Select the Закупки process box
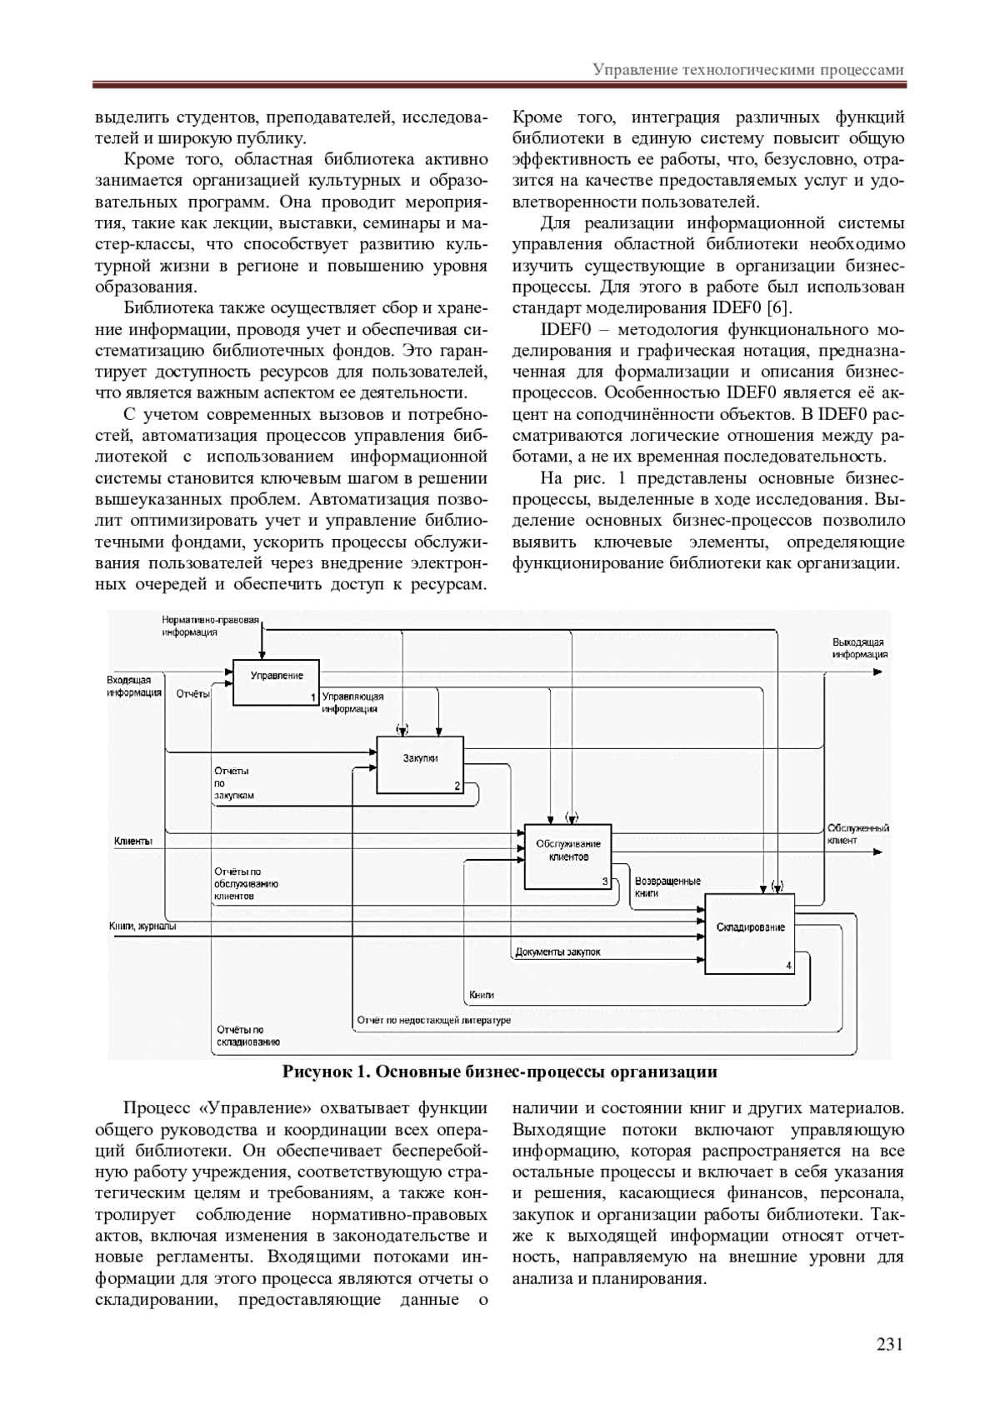pyautogui.click(x=420, y=765)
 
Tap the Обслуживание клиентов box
pyautogui.click(x=567, y=856)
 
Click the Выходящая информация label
pyautogui.click(x=859, y=648)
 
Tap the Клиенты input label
pyautogui.click(x=133, y=842)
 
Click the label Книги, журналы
pyautogui.click(x=142, y=926)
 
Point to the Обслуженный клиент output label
pyautogui.click(x=857, y=834)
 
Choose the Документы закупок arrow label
pyautogui.click(x=557, y=952)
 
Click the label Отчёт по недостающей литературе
pyautogui.click(x=433, y=1020)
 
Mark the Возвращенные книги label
pyautogui.click(x=667, y=887)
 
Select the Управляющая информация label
pyautogui.click(x=352, y=702)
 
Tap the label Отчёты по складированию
pyautogui.click(x=247, y=1036)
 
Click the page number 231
pyautogui.click(x=889, y=1344)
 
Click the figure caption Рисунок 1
pyautogui.click(x=499, y=1072)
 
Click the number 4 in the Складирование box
pyautogui.click(x=788, y=966)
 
